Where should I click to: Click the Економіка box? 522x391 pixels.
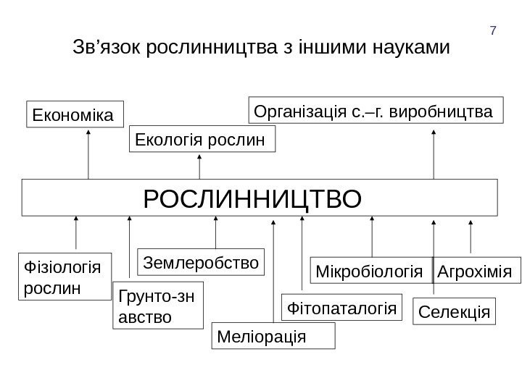point(75,115)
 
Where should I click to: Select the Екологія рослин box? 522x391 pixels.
point(203,139)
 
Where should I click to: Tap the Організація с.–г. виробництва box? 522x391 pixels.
point(376,112)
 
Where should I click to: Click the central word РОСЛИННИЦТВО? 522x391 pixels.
point(252,198)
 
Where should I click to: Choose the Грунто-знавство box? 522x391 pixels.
point(158,306)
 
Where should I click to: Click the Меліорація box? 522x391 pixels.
point(273,337)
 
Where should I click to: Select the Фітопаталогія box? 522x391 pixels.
point(341,307)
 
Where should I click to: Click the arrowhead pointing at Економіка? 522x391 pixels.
point(88,133)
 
